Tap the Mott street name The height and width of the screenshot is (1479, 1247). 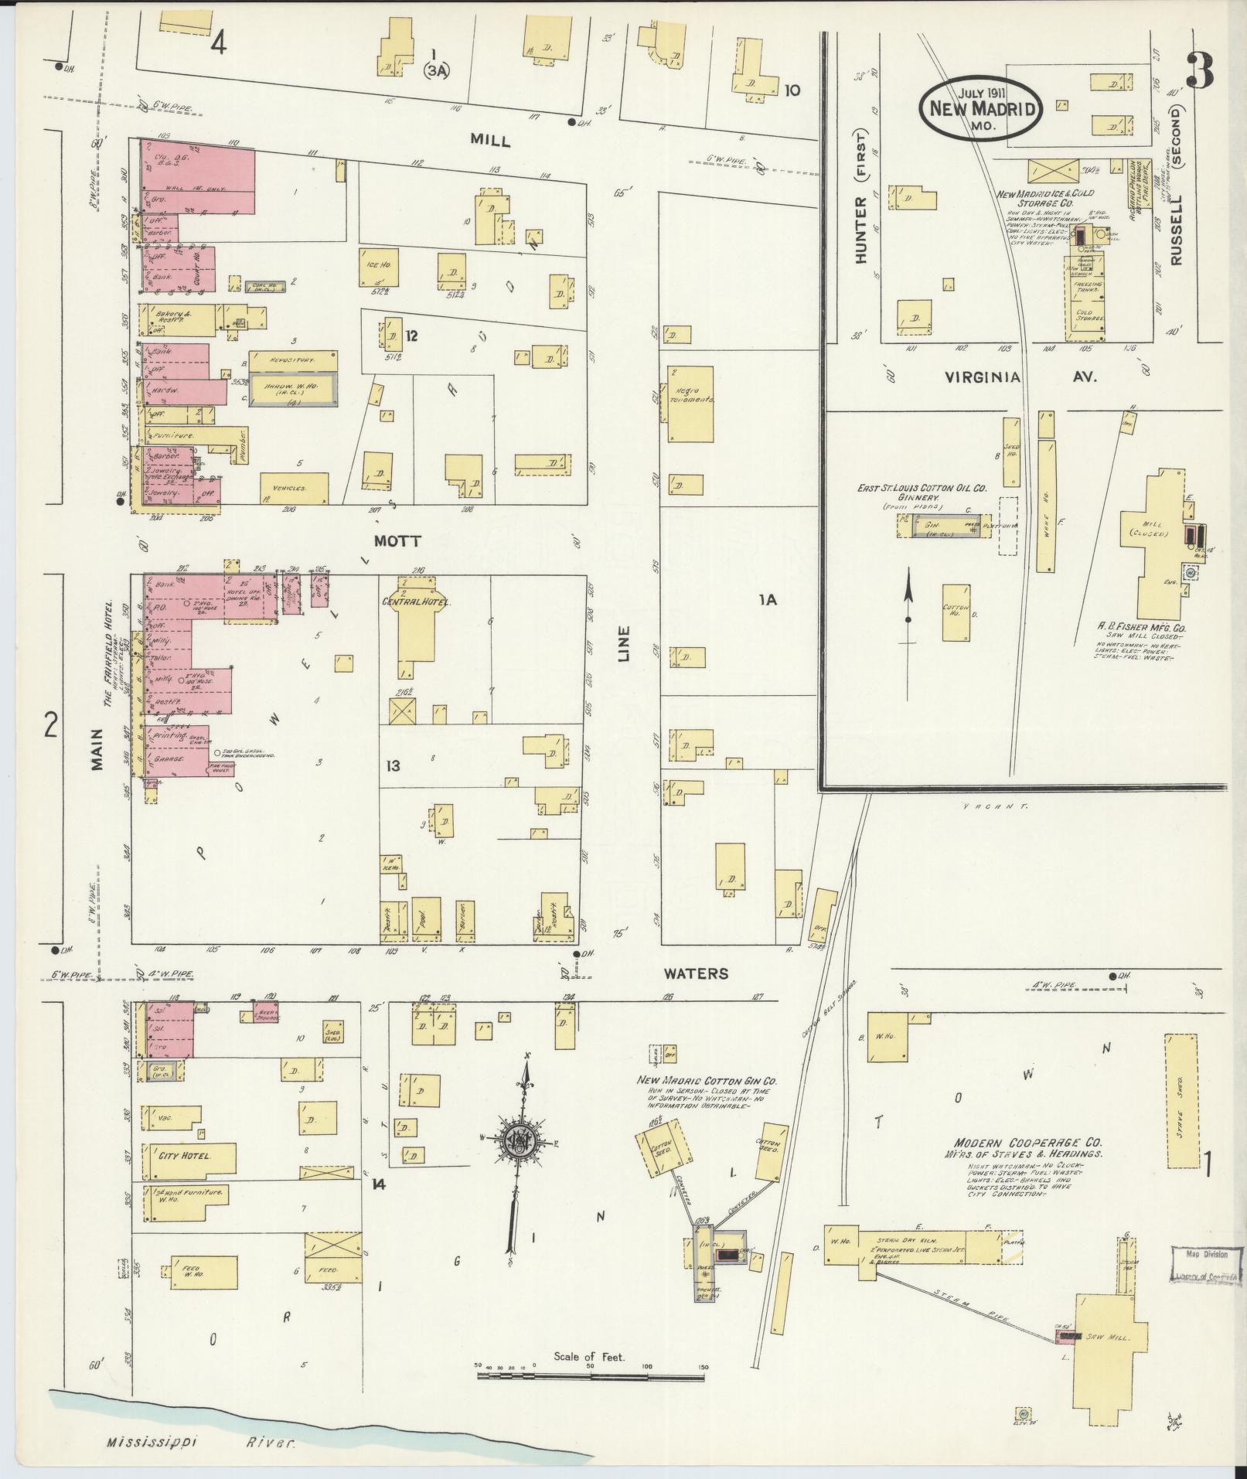click(397, 541)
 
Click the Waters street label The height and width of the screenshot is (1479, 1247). click(696, 973)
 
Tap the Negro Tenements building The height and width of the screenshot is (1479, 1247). click(690, 404)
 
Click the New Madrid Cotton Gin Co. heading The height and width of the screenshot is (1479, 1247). click(707, 1081)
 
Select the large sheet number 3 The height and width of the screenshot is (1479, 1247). click(1201, 72)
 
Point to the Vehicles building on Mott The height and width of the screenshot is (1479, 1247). click(288, 488)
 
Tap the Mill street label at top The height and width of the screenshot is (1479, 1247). click(491, 140)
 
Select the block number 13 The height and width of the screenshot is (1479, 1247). click(394, 765)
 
